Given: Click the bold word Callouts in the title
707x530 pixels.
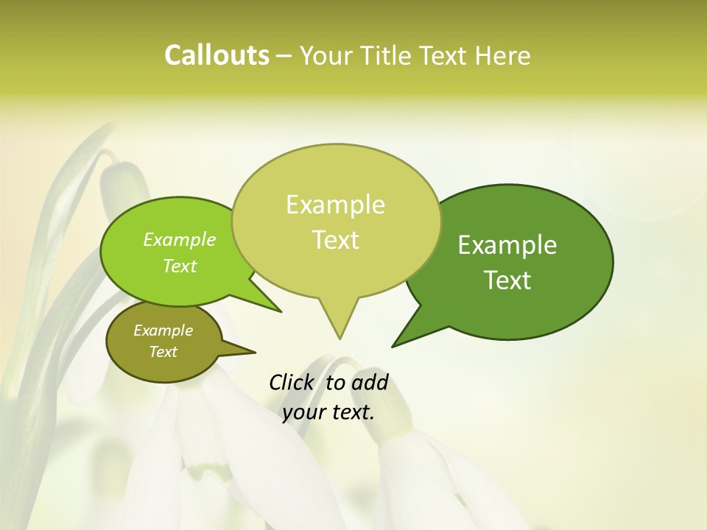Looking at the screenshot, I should coord(217,55).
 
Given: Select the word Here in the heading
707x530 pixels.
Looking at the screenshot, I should coord(503,55).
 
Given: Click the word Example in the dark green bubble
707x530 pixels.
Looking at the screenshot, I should coord(507,245).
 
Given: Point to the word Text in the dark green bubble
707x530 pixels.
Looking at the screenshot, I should coord(507,280).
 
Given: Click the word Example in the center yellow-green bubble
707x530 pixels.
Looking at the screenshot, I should coord(335,205).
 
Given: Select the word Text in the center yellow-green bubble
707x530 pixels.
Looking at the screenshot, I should coord(335,239).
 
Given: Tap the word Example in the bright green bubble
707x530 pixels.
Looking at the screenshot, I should coord(180,239).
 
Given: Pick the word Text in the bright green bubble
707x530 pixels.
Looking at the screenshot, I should coord(180,266).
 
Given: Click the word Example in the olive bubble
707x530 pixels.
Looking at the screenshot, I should coord(163,331).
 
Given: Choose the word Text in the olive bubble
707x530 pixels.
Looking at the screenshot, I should coord(163,352).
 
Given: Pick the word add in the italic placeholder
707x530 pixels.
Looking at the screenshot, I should coord(370,383).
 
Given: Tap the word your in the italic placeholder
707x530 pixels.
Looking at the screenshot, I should coord(302,412).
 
